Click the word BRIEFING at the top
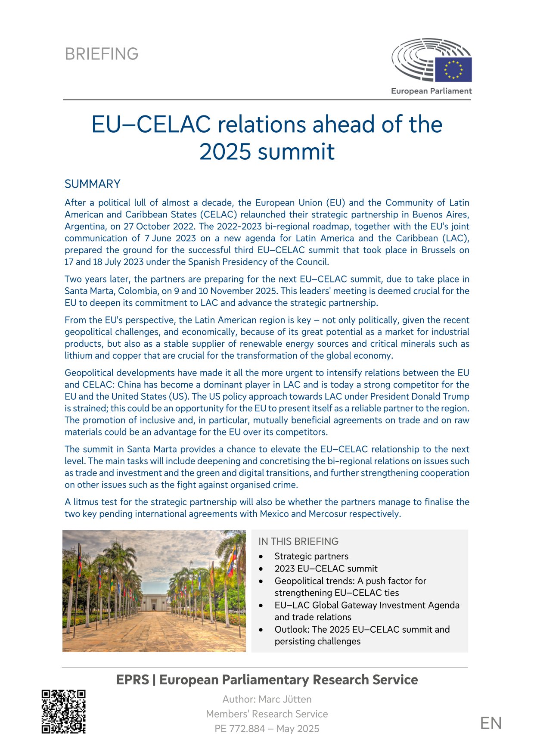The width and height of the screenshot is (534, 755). coord(102,54)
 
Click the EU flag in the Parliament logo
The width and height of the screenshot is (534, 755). coord(453,69)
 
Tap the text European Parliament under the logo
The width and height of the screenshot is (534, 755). coord(431,91)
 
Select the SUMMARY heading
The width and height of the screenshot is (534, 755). coord(93,184)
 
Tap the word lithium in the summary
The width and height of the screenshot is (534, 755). coord(78,356)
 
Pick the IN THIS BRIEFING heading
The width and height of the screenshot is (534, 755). coord(298,541)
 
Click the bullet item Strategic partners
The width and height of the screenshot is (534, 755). coord(311,556)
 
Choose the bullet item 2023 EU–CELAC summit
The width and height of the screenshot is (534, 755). coord(326,569)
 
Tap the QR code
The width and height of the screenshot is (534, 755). coord(64,712)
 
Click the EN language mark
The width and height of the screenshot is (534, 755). coord(491,724)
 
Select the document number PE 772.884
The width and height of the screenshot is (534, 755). coord(239,729)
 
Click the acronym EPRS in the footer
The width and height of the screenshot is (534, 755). coord(132,680)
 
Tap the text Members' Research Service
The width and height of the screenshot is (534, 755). coord(267,714)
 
